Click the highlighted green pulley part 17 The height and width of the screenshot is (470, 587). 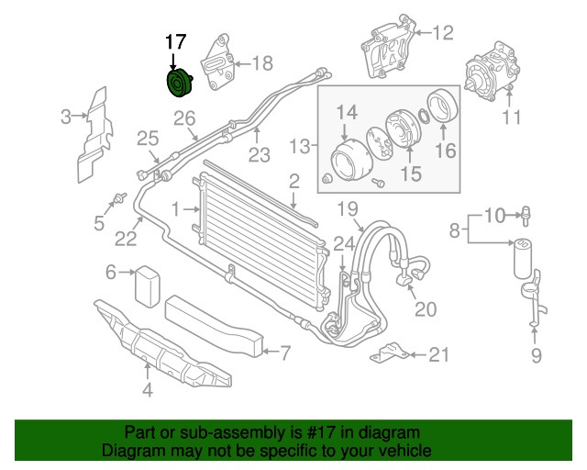pos(177,84)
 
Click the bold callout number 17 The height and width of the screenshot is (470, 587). pos(175,42)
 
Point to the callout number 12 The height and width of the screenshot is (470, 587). pos(443,34)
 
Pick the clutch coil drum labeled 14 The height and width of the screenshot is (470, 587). pos(349,159)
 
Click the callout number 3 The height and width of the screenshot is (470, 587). pos(66,117)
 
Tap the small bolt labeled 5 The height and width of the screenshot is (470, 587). pos(119,197)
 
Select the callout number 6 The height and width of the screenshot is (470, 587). pos(111,272)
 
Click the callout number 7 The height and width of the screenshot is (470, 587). pos(284,351)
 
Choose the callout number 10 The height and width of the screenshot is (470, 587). pos(494,216)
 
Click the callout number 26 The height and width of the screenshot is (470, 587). pos(185,117)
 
